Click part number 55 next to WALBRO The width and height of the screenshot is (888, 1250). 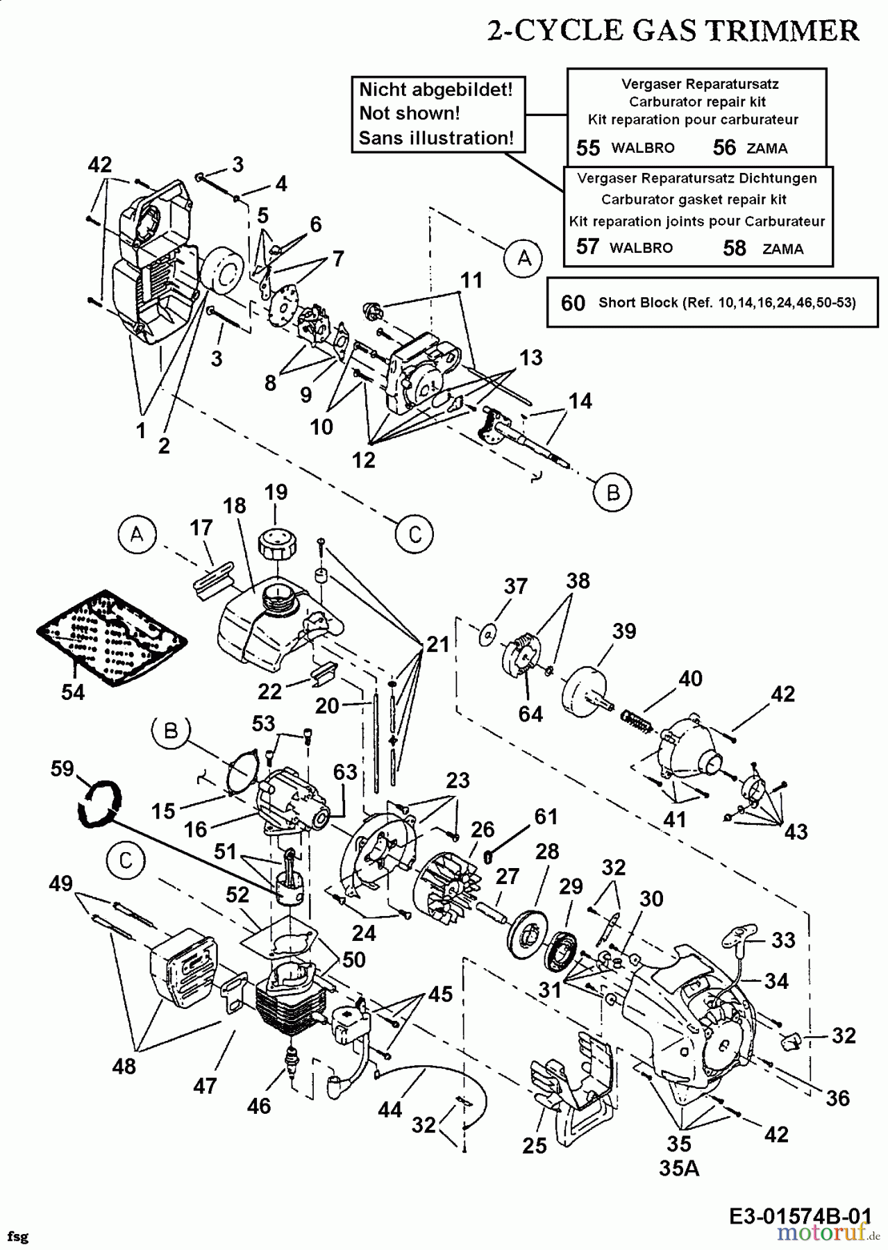(588, 148)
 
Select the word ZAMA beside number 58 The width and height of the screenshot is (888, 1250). (782, 249)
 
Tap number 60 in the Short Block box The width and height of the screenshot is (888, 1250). (573, 303)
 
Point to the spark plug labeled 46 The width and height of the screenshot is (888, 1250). (292, 1060)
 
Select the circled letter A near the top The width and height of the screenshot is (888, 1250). (524, 258)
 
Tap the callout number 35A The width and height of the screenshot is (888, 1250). (678, 1168)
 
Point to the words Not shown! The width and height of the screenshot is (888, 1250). (410, 114)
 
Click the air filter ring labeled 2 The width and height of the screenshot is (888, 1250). (224, 275)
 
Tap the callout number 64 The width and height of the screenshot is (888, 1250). (530, 713)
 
